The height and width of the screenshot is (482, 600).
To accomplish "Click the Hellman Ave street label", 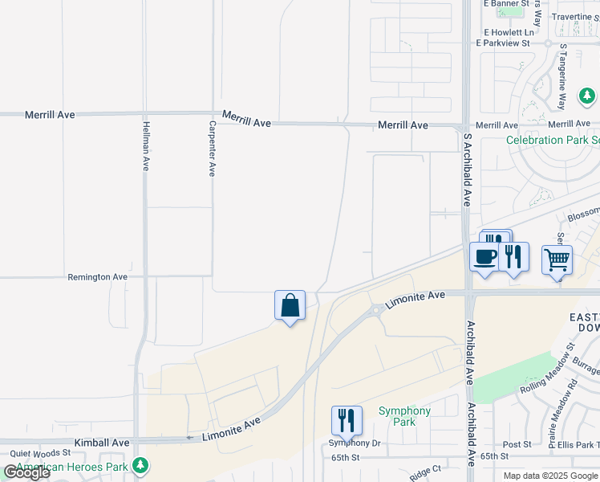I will click(x=145, y=145).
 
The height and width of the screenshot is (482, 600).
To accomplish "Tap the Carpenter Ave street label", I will click(x=212, y=149).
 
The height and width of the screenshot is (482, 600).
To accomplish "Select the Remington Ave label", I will click(x=98, y=276).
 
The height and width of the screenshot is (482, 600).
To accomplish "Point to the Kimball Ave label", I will click(x=102, y=443).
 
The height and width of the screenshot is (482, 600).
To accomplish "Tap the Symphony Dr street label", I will click(x=354, y=443).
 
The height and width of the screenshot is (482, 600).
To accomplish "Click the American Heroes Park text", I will click(x=72, y=467).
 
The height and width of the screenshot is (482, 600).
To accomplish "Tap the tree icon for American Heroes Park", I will click(x=140, y=465).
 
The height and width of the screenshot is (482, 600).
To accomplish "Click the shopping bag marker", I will click(x=290, y=305).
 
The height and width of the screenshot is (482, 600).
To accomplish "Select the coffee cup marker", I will click(x=484, y=257).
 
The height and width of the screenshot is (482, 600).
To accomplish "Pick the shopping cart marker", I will click(x=557, y=259).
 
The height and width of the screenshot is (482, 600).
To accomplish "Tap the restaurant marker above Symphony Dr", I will click(x=347, y=420).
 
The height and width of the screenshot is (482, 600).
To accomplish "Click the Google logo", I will click(x=26, y=472).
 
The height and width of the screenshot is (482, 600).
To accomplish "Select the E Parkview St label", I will click(x=505, y=43).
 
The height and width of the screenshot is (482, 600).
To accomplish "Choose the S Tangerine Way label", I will click(x=562, y=76).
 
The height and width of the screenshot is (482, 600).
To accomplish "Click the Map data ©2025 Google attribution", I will click(x=550, y=476).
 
